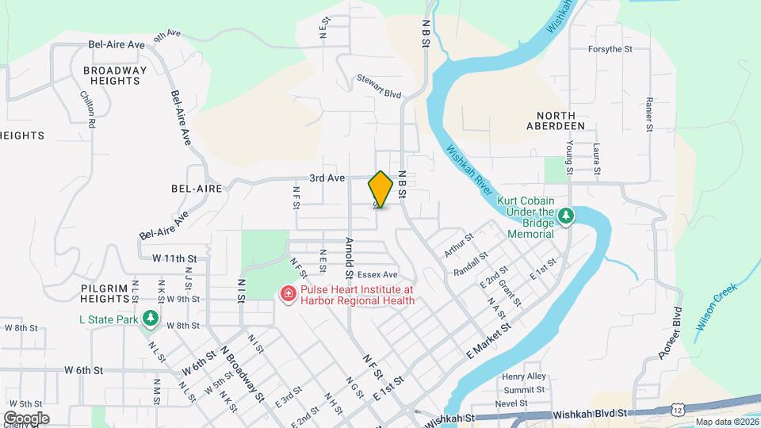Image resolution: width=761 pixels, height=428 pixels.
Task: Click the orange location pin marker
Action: coord(380,189)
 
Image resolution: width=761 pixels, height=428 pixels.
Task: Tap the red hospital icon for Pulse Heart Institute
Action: coord(288,295)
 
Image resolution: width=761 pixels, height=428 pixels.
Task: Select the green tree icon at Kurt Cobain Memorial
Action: coord(565,216)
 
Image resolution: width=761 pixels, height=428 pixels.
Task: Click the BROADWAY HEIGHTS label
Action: coord(116,75)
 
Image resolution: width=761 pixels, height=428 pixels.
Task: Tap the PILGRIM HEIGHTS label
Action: coord(104,293)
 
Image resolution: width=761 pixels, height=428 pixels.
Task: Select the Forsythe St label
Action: coord(610,49)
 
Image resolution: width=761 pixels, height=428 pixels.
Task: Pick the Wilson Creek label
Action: coord(717,307)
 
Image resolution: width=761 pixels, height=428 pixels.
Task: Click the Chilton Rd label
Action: coord(89,110)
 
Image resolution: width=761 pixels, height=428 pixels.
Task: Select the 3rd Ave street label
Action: coord(327,178)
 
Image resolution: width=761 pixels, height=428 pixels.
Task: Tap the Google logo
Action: coord(25,418)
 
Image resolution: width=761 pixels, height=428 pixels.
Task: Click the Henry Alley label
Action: coord(524,376)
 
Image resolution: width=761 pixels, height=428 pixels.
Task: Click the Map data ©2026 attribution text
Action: coord(725,422)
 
